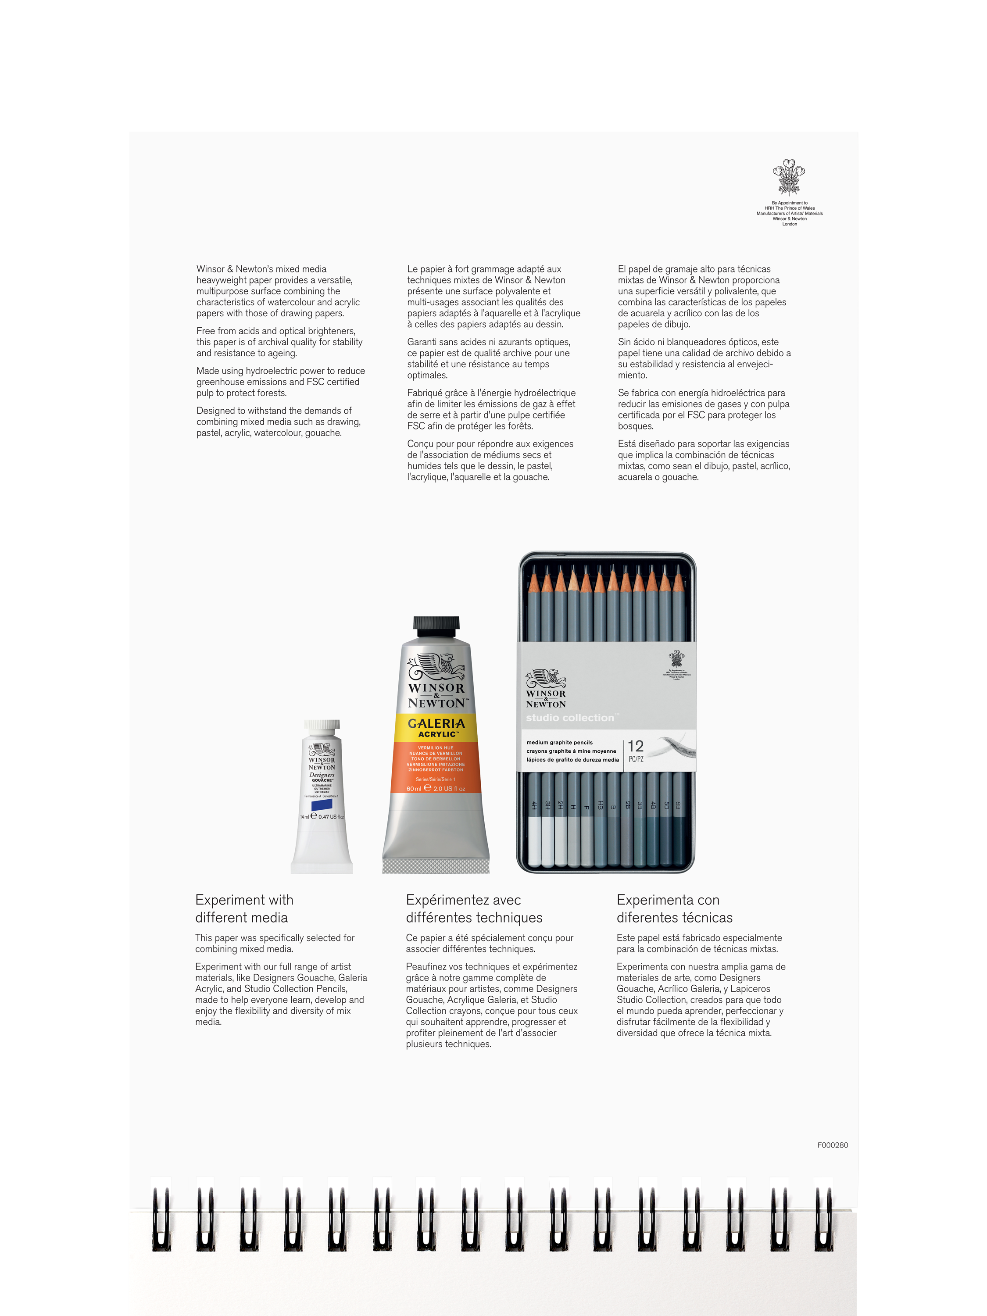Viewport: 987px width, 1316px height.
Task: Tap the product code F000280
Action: click(x=832, y=1144)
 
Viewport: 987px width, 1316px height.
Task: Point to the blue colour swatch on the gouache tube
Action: click(x=322, y=805)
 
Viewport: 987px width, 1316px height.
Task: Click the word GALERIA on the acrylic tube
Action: click(x=436, y=723)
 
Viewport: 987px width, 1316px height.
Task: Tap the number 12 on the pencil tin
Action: click(x=635, y=746)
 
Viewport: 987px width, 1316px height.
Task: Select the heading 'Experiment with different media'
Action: click(x=244, y=908)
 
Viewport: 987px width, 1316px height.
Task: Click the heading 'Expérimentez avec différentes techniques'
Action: click(x=474, y=908)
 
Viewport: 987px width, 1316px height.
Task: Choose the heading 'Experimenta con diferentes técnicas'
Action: click(x=674, y=908)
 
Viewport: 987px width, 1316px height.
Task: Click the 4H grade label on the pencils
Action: click(x=534, y=805)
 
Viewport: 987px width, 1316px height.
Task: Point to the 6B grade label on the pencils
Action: click(x=678, y=805)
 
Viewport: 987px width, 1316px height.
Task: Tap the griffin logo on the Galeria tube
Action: click(x=436, y=666)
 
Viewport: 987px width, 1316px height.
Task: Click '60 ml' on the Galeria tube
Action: click(x=414, y=789)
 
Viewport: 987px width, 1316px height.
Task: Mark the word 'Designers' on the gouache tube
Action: click(x=322, y=775)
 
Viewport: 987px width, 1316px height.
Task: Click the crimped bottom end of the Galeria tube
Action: click(x=436, y=865)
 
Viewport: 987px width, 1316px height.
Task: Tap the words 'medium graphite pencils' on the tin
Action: click(x=559, y=743)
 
